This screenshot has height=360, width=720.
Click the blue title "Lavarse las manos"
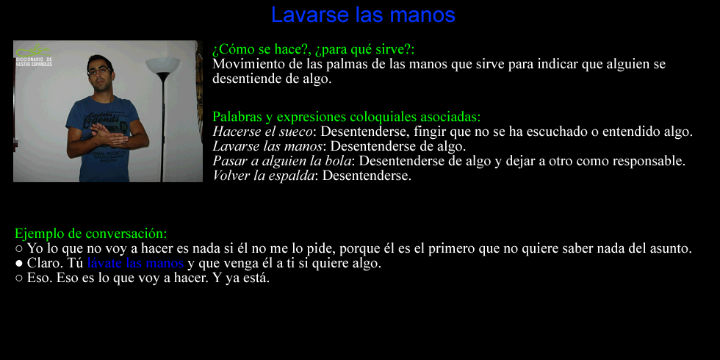click(x=363, y=15)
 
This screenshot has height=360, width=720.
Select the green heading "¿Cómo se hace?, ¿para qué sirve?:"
click(x=313, y=49)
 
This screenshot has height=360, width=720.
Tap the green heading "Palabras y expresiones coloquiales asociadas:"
click(x=346, y=117)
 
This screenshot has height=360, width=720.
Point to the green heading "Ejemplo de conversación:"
click(x=90, y=234)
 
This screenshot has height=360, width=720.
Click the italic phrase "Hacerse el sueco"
click(x=263, y=132)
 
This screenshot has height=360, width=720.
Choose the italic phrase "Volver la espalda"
click(x=264, y=176)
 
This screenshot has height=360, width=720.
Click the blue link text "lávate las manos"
click(x=135, y=264)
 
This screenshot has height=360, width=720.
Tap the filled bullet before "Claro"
click(x=19, y=264)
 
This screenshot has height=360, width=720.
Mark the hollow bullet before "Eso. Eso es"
click(x=19, y=278)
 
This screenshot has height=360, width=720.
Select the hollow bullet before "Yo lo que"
click(x=19, y=249)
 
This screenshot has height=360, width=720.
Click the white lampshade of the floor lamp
click(x=162, y=65)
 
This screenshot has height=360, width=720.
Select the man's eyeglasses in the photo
click(x=100, y=72)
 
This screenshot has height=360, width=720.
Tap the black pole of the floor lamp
click(x=163, y=128)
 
